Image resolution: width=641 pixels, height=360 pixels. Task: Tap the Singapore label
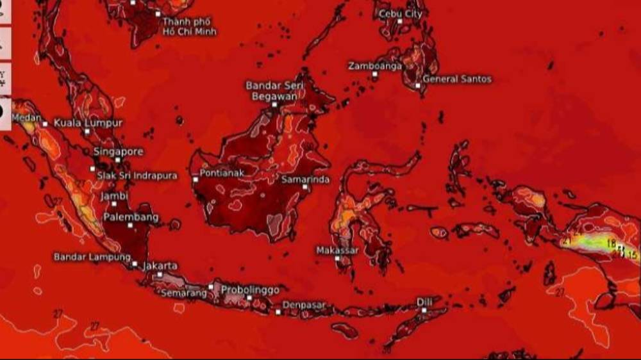pos(119,152)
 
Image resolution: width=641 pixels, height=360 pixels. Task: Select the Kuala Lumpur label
pos(88,122)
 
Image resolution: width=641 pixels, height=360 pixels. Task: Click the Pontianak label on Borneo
pos(221,174)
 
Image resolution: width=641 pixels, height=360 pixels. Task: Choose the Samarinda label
pos(306,179)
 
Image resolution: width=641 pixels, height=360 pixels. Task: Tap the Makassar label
pos(337,250)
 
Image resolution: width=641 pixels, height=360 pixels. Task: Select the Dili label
pos(424,301)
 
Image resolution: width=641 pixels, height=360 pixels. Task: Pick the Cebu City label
pos(401,13)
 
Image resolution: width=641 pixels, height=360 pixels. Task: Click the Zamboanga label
pos(375,66)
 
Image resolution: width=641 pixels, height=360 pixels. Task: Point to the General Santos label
pos(457,79)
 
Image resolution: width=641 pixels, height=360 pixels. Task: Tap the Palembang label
pos(131,218)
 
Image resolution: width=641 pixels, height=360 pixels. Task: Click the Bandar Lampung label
pos(88,256)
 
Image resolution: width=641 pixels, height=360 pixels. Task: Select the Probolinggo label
pos(250,290)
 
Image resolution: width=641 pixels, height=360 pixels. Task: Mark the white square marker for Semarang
pos(211,286)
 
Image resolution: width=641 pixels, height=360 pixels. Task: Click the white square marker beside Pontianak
pos(195,179)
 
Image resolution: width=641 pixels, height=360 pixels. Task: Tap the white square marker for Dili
pos(424,310)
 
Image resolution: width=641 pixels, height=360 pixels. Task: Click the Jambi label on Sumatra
pos(115,196)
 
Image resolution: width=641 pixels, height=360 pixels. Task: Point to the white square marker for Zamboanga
pos(375,74)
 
